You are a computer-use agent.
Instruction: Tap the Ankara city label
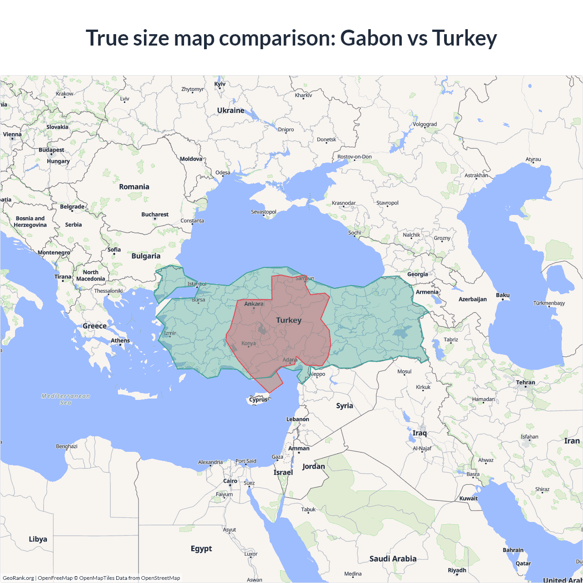point(254,304)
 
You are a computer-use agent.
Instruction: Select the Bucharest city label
point(155,215)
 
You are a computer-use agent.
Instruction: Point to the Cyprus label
point(258,399)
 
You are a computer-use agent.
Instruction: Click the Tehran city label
point(525,383)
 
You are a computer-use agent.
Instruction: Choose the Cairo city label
point(230,481)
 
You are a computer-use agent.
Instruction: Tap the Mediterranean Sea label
point(66,399)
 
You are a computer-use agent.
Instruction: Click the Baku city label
point(502,295)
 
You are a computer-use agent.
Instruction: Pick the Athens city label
point(120,341)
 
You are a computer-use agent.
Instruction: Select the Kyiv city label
point(220,84)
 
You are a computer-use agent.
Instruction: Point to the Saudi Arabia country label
point(393,558)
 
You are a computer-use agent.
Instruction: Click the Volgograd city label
point(424,124)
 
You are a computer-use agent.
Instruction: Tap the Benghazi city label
point(66,446)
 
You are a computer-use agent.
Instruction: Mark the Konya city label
point(248,343)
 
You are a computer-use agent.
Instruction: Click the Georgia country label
point(417,274)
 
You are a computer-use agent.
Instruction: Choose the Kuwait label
point(468,498)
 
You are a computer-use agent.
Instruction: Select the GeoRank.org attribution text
point(18,578)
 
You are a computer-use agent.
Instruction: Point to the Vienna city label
point(12,134)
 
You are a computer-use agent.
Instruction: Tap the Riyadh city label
point(457,570)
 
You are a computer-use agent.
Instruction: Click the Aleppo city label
point(317,374)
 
